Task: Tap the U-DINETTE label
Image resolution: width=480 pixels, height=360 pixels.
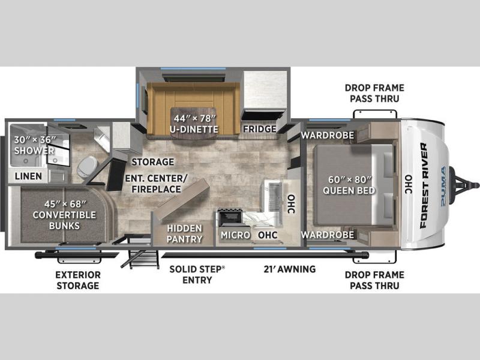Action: tap(194, 129)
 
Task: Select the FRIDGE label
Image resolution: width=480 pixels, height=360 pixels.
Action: tap(260, 129)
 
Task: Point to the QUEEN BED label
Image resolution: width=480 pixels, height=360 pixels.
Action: tap(349, 190)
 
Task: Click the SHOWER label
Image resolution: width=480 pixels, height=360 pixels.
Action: tap(34, 151)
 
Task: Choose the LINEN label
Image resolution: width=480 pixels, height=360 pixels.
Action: tap(28, 176)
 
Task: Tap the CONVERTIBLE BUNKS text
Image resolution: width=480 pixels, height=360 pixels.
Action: tap(64, 220)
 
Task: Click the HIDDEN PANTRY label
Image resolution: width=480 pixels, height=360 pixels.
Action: tap(184, 233)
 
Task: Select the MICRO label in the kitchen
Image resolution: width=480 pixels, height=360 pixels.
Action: tap(235, 235)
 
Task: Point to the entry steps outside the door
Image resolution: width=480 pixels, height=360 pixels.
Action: tap(141, 259)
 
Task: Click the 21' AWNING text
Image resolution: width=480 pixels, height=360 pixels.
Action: tap(290, 269)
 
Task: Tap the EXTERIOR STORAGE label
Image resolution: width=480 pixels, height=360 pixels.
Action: tap(78, 280)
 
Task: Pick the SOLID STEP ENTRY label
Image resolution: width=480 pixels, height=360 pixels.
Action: tap(197, 275)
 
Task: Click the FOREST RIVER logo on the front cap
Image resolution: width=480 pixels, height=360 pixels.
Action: tap(424, 185)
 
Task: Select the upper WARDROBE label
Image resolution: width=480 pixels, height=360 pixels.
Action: tap(328, 135)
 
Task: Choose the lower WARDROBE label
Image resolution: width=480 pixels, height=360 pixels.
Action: tap(328, 235)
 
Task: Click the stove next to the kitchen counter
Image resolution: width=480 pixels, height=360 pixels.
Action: tap(230, 217)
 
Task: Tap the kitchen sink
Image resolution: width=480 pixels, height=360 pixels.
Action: tap(271, 196)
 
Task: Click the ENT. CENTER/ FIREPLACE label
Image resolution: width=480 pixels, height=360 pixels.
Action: tap(157, 184)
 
